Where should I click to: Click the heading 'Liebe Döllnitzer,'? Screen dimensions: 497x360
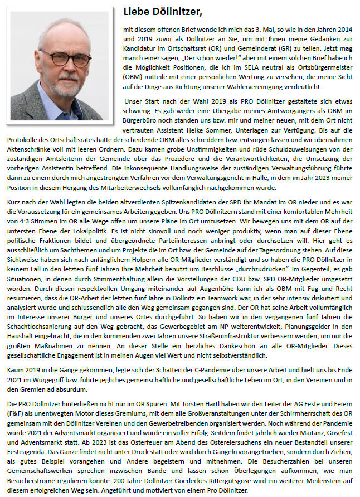(163, 11)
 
